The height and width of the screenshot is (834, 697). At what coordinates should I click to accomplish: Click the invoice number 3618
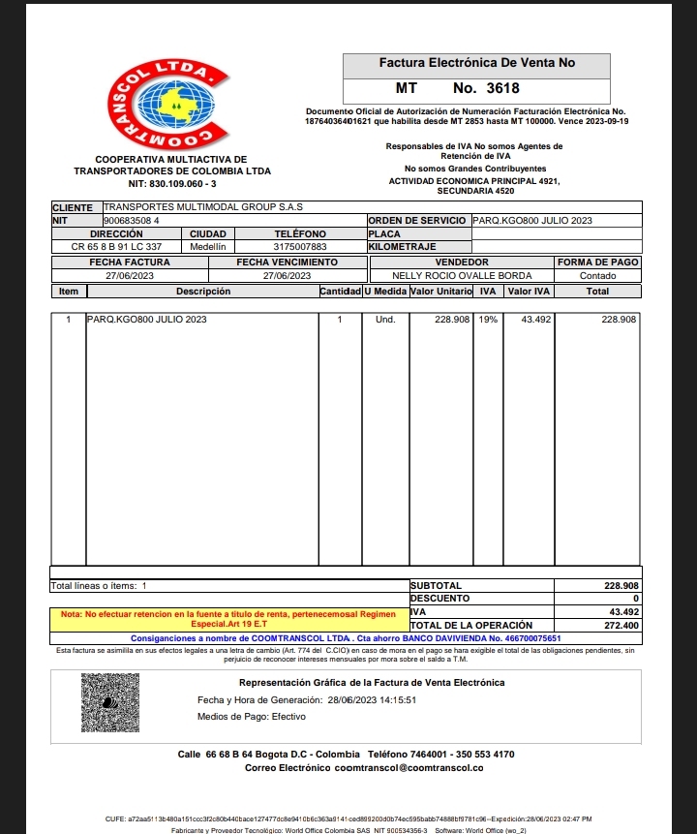(502, 88)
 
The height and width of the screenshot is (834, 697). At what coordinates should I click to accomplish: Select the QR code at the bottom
(110, 701)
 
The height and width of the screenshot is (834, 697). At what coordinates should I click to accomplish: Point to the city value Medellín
(207, 247)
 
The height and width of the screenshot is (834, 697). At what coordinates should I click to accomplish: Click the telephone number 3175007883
(300, 247)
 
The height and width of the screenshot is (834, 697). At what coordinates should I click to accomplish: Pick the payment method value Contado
(597, 276)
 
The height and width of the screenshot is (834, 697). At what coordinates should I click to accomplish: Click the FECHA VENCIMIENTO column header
(287, 263)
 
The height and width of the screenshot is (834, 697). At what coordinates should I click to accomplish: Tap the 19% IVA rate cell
(488, 320)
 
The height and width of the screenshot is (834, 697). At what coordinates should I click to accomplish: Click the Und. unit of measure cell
(384, 320)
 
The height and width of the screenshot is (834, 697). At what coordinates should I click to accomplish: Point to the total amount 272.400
(620, 626)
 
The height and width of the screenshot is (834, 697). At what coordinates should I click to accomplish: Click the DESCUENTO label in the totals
(439, 599)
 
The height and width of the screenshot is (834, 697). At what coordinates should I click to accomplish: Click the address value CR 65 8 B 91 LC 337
(116, 247)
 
